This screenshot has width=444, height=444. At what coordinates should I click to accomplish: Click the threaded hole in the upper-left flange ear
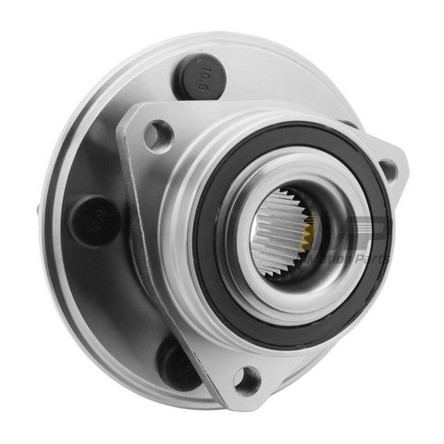pos(158,135)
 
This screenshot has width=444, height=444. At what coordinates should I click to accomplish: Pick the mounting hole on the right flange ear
pos(388,169)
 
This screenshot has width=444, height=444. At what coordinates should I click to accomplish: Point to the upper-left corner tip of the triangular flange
pos(129,116)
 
